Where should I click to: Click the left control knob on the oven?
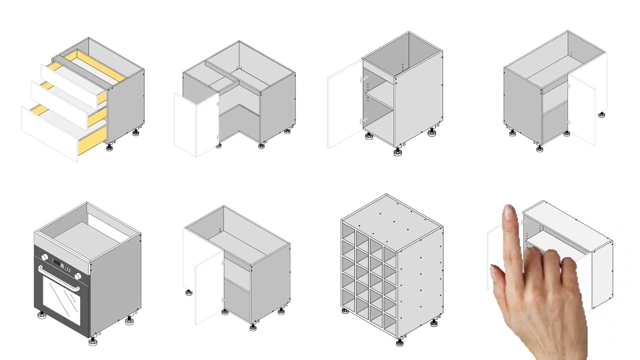44,257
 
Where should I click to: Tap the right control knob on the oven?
78,276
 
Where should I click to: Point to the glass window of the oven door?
61,299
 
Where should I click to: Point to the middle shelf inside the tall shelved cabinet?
380,99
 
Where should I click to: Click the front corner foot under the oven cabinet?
92,341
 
